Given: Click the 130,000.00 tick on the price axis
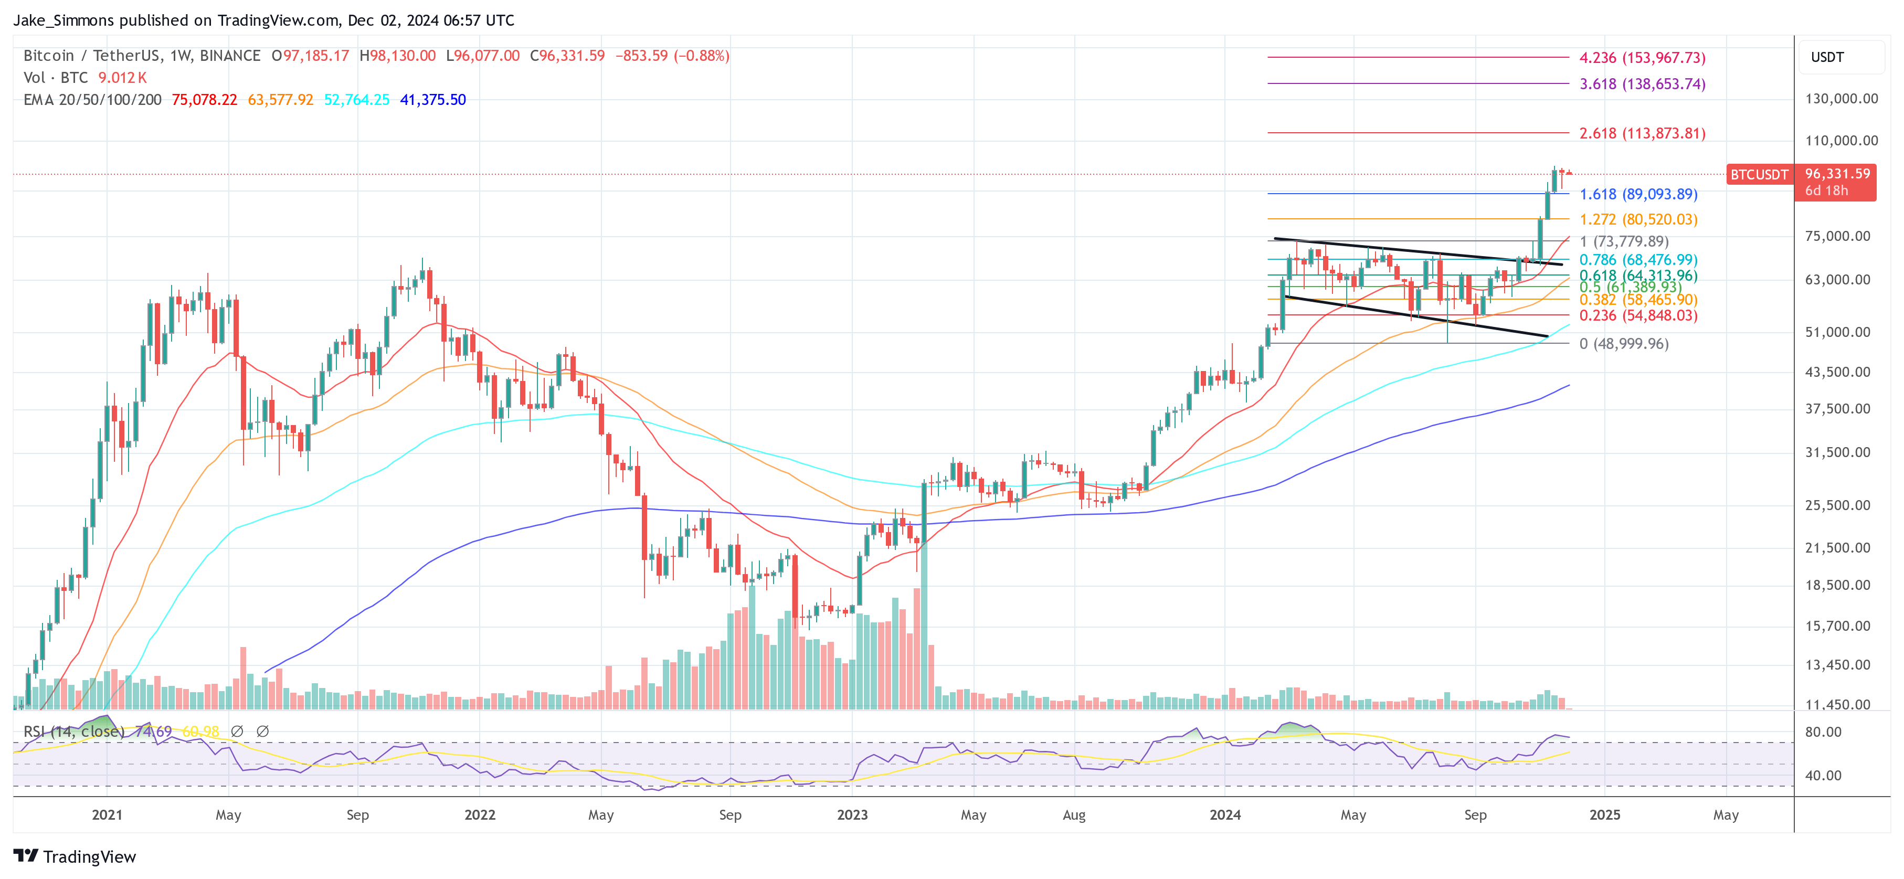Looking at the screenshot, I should [1840, 99].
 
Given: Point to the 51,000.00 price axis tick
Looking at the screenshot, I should [1837, 333].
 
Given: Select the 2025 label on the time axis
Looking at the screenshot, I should [1604, 814].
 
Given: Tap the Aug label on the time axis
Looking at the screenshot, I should [1073, 814].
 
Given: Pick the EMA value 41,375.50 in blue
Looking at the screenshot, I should [432, 100].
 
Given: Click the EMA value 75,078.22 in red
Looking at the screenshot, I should [204, 100].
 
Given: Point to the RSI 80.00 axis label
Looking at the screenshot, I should [1823, 732].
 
